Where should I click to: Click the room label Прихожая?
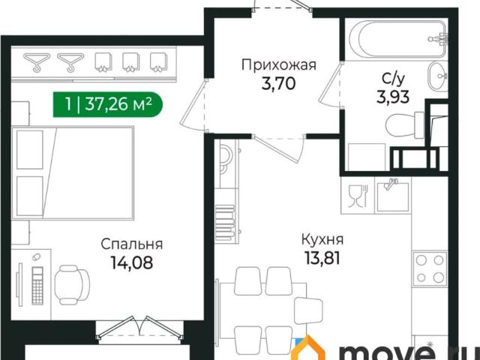pos(278,65)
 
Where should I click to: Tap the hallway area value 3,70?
pos(278,82)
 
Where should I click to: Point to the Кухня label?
pos(322,240)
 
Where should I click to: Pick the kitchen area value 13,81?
pos(322,259)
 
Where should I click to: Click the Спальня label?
pos(132,244)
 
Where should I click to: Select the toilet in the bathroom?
pos(406,124)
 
